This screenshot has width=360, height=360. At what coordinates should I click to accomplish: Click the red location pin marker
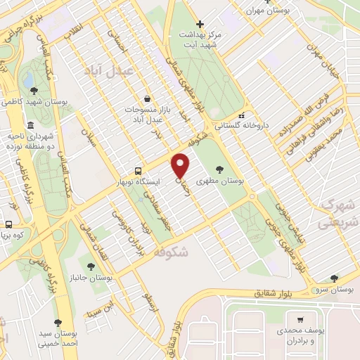[x=181, y=166]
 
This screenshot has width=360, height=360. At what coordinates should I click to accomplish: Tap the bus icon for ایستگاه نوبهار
[x=138, y=171]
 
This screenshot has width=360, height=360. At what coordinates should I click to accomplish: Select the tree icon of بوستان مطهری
[x=220, y=169]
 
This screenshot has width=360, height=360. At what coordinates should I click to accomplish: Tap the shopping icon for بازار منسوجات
[x=146, y=98]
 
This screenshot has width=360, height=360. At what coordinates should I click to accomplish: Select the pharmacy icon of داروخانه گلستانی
[x=241, y=115]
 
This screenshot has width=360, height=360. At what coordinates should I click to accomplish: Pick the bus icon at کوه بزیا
[x=8, y=225]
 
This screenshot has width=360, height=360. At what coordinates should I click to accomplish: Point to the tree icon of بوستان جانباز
[x=91, y=266]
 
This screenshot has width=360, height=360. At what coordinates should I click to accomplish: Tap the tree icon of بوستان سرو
[x=334, y=278]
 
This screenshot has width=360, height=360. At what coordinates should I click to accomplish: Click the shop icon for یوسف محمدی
[x=301, y=319]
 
